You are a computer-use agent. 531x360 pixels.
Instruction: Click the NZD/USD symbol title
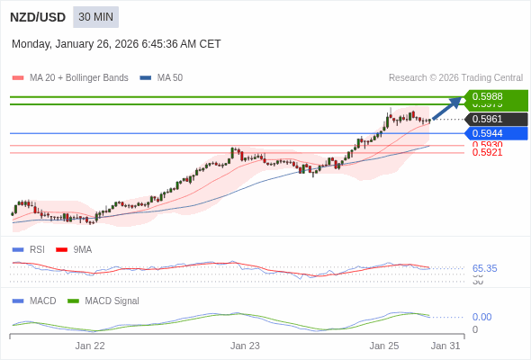coord(37,17)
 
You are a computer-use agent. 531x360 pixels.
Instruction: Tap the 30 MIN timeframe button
coord(95,17)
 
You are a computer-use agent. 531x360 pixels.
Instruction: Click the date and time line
coord(116,44)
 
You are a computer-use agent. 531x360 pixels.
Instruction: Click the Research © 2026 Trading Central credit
coord(455,78)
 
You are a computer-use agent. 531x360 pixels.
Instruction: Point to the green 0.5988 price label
coord(496,96)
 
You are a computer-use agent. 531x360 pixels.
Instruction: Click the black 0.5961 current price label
coord(496,119)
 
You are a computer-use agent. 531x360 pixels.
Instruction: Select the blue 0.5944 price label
coord(496,133)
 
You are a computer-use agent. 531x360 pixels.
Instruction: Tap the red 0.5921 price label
coord(487,153)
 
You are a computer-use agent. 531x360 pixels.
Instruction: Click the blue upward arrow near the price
coord(447,107)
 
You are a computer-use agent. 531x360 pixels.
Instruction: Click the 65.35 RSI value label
coord(484,268)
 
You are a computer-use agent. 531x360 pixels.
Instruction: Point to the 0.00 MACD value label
coord(481,317)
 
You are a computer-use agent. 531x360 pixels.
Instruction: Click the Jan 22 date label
coord(90,346)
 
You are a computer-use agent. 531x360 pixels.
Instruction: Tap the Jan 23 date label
coord(245,346)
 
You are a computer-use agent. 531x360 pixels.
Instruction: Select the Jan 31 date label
coord(445,346)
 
